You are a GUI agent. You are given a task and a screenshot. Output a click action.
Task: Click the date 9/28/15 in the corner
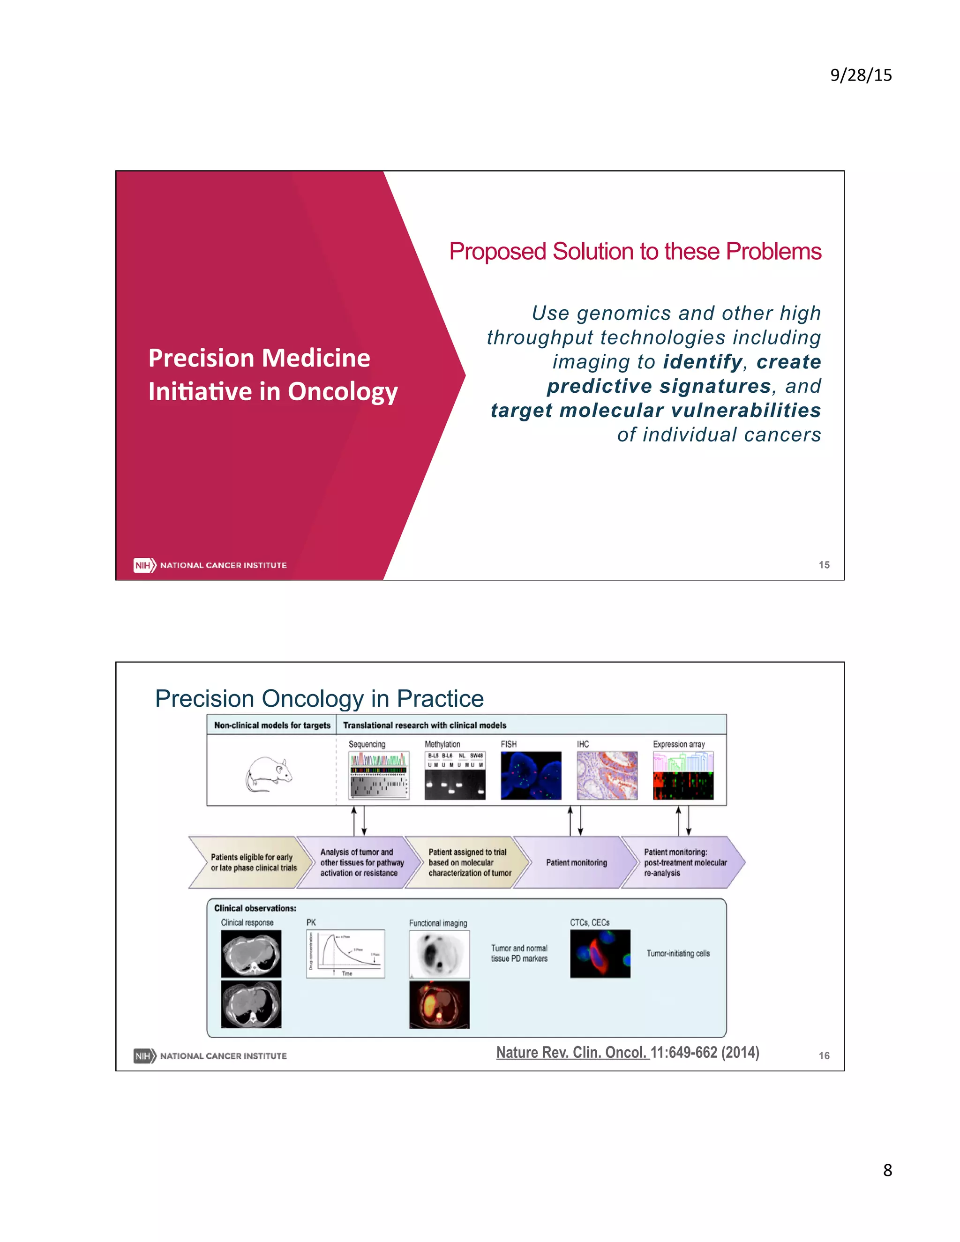point(861,75)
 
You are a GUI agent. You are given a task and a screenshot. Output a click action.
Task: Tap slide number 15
point(824,565)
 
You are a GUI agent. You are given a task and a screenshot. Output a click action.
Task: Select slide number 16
point(824,1055)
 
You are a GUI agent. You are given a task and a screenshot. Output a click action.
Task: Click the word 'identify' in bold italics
point(702,362)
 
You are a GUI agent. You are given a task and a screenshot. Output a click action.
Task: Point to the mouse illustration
point(269,774)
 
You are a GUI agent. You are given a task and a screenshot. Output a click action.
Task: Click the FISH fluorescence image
point(531,776)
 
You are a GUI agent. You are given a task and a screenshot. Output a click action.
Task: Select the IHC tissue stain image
point(607,776)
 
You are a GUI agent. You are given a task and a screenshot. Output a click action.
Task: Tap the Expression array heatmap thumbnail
point(683,776)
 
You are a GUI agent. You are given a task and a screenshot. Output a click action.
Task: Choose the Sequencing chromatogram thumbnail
point(378,776)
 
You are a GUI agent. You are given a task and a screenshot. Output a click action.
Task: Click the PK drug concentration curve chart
point(345,954)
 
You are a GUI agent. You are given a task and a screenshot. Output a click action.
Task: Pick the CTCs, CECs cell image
point(600,954)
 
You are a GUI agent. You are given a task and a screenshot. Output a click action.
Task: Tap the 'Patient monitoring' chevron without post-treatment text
point(576,863)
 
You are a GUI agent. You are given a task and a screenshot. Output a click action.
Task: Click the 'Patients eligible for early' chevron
point(253,863)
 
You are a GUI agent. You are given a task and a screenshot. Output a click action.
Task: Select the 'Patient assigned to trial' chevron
point(469,863)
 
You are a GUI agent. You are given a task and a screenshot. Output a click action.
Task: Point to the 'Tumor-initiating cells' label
point(678,954)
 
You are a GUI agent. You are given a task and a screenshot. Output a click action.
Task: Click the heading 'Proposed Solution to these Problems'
point(635,251)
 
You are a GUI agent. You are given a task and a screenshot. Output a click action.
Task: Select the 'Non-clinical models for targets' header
point(272,725)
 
